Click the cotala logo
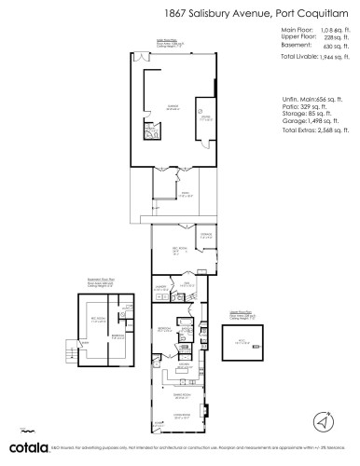coord(21,449)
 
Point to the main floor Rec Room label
coord(173,249)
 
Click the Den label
coord(187,285)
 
